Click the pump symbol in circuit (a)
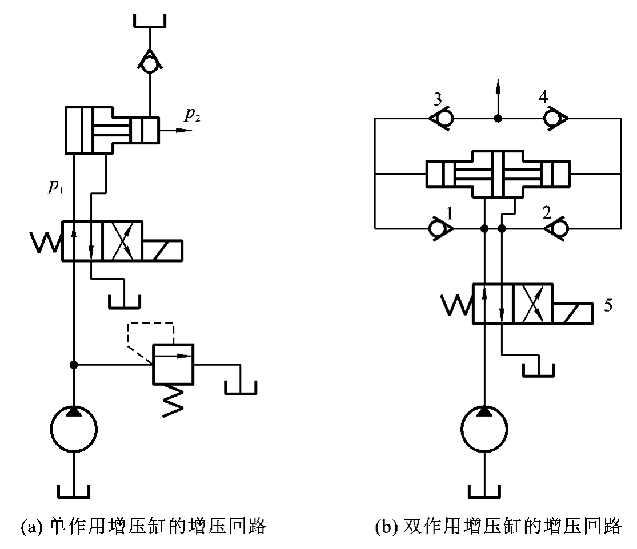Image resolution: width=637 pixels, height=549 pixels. click(x=74, y=427)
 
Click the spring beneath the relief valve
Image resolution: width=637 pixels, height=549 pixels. click(x=171, y=400)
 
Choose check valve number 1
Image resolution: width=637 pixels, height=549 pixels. click(x=441, y=229)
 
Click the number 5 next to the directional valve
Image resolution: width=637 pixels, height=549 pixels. click(x=608, y=305)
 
